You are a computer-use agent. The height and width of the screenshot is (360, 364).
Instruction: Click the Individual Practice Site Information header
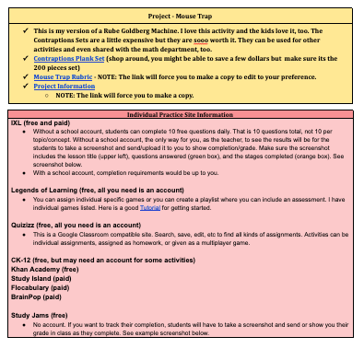182,115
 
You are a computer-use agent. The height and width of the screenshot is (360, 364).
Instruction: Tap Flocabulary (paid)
42,288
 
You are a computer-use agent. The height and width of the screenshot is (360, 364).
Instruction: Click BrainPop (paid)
40,297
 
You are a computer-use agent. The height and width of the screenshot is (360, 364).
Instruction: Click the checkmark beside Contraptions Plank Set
24,57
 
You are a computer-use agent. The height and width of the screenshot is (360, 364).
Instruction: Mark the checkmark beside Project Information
24,86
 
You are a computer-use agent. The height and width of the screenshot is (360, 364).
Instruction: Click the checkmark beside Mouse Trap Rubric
24,76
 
